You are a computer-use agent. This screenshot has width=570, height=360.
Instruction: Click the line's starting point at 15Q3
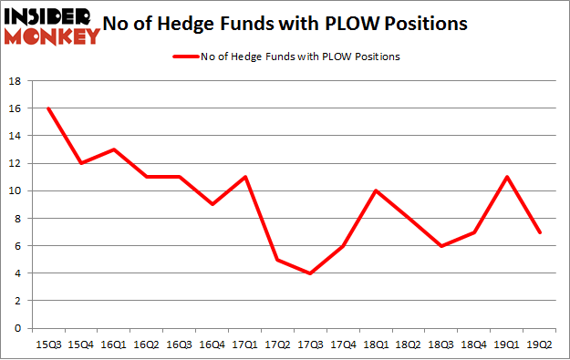[48, 108]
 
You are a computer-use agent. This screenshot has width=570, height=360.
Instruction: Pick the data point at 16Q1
[114, 149]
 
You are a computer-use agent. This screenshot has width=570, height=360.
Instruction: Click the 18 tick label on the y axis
[16, 81]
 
